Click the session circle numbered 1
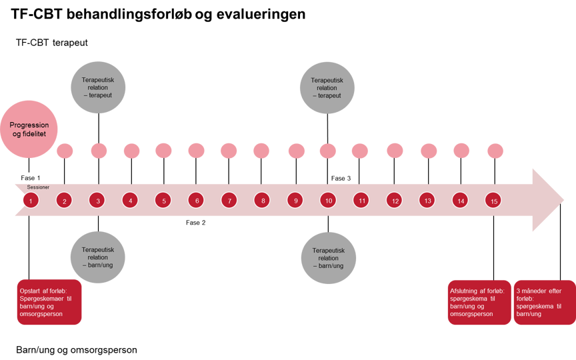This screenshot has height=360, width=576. (x=31, y=200)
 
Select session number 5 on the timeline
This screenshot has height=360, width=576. (x=163, y=200)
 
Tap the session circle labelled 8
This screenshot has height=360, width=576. (x=263, y=200)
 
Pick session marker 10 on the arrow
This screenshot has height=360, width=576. (x=327, y=200)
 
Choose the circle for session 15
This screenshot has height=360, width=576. (x=494, y=200)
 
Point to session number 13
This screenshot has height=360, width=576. (x=427, y=200)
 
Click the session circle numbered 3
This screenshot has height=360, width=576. (x=97, y=200)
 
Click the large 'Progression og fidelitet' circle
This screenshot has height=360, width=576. (x=29, y=130)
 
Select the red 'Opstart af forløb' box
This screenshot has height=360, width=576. (x=49, y=301)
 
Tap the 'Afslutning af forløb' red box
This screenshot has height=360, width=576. (x=479, y=301)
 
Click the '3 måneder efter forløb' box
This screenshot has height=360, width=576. (x=543, y=301)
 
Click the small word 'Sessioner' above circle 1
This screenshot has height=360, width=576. (x=38, y=187)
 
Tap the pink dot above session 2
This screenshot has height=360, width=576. (x=65, y=151)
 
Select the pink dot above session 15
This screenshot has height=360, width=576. (x=494, y=151)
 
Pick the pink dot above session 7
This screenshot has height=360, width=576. (x=229, y=151)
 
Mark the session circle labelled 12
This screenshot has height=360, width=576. (x=395, y=200)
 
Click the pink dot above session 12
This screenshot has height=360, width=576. (x=395, y=151)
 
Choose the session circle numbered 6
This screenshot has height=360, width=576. (x=195, y=200)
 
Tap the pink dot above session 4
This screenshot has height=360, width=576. (x=131, y=151)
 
